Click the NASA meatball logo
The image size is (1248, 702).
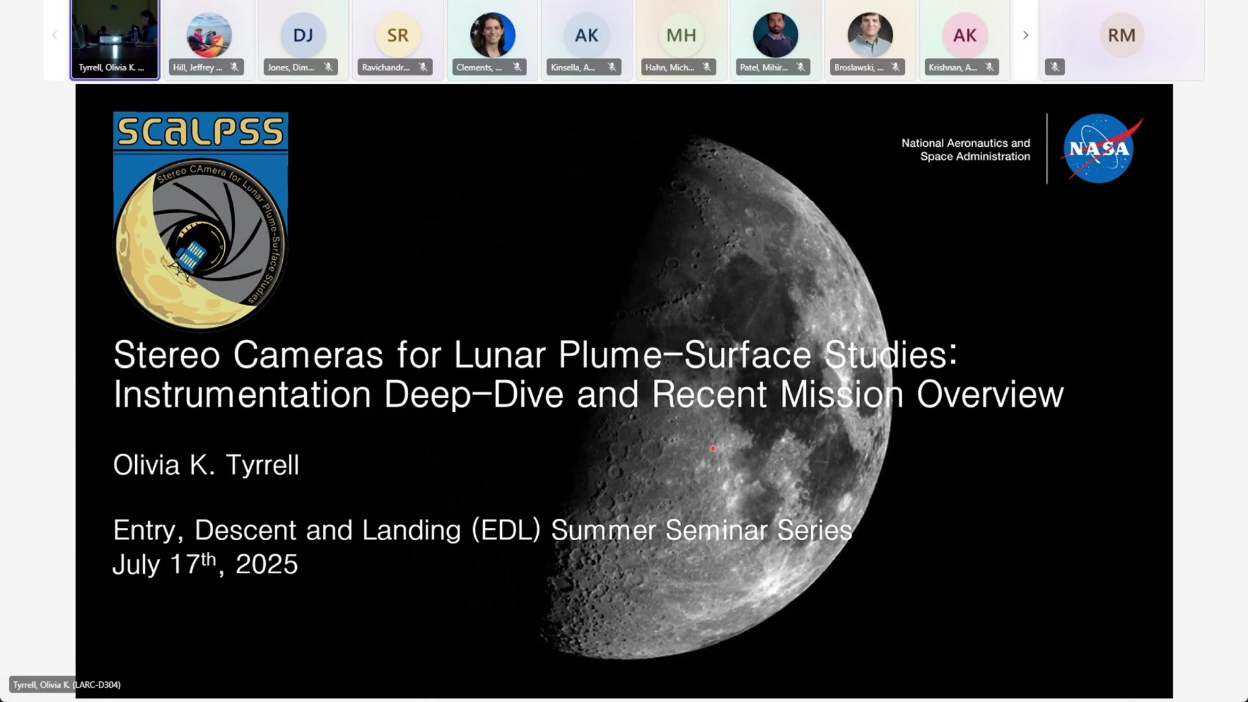click(x=1099, y=149)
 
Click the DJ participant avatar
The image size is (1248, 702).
click(x=303, y=35)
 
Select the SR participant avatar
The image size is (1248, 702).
click(x=398, y=35)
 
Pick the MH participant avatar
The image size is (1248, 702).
click(x=681, y=35)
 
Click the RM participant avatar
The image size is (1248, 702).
click(x=1122, y=35)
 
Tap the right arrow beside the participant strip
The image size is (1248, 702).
click(x=1026, y=35)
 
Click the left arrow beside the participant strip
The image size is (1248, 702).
click(x=55, y=35)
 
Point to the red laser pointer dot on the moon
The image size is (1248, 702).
click(x=713, y=448)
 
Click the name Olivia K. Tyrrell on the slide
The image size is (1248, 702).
click(x=206, y=465)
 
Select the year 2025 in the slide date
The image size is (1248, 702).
click(x=266, y=564)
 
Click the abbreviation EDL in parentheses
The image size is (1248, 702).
click(x=506, y=530)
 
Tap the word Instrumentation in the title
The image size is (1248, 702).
click(x=242, y=395)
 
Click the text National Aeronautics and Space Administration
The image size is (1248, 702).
click(x=966, y=149)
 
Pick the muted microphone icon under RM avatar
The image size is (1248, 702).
click(x=1055, y=67)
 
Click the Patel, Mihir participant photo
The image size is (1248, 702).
click(x=775, y=35)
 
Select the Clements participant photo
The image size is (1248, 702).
click(x=493, y=35)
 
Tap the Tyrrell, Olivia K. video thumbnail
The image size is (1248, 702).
click(x=114, y=39)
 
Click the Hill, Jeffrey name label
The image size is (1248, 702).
click(x=198, y=68)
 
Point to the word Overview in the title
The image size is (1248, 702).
click(x=990, y=395)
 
